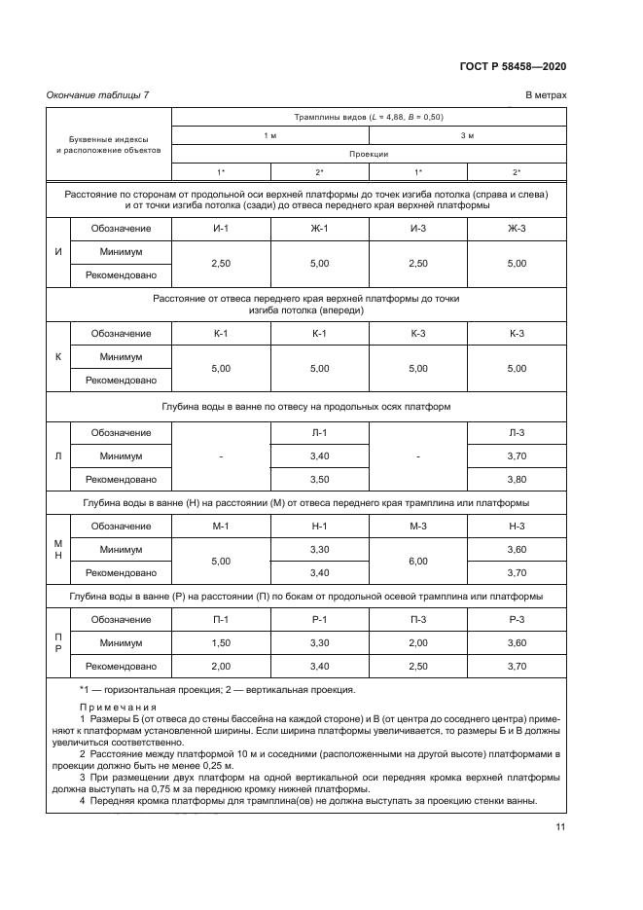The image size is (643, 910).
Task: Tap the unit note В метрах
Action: pos(546,94)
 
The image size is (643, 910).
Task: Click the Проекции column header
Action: pos(369,154)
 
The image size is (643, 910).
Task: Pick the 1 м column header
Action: pos(270,135)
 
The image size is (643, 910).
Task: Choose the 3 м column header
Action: pos(467,135)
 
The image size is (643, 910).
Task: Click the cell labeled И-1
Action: pos(221,228)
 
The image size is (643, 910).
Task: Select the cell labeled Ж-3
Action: pos(517,228)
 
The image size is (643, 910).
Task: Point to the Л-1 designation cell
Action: pos(319,432)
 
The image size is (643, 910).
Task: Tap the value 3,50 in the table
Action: pos(319,479)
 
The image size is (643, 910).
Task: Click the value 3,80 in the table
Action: pos(517,479)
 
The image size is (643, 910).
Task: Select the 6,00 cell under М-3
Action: pos(418,561)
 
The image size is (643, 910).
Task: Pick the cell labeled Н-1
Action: pos(319,526)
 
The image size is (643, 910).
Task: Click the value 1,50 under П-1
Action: pos(221,642)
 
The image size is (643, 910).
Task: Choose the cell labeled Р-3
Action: pos(517,619)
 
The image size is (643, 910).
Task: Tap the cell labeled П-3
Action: pos(418,619)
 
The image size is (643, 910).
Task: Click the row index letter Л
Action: pos(58,455)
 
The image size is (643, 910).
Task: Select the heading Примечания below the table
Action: pos(117,708)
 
